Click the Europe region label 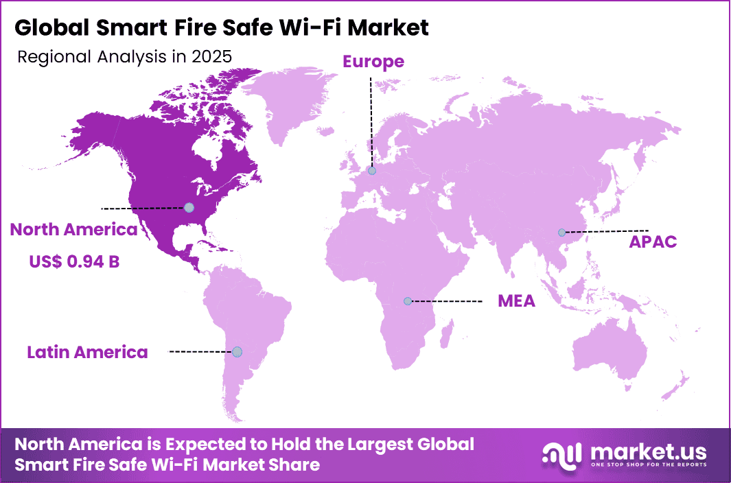pos(373,62)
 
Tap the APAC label pos(653,241)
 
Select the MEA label pos(517,301)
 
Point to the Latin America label pos(87,352)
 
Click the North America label pos(73,230)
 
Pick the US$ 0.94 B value pos(73,261)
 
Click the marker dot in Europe pos(372,171)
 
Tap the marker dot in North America pos(189,207)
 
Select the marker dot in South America pos(237,351)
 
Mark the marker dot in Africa pos(408,301)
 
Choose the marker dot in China pos(561,233)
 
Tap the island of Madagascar pos(446,337)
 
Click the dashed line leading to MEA pos(446,301)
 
